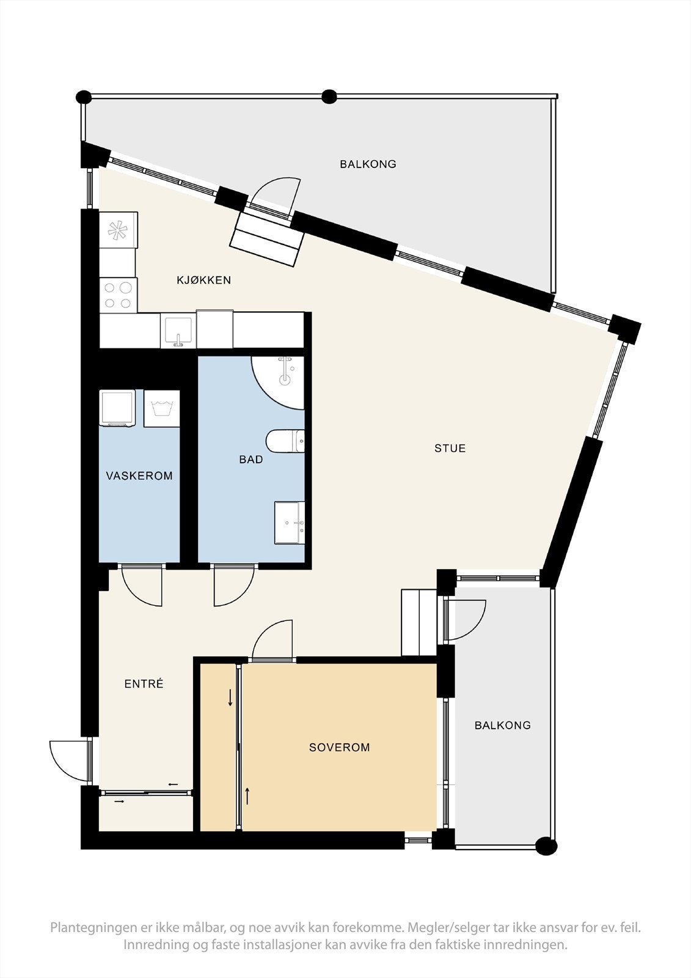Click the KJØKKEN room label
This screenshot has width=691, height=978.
pos(203,281)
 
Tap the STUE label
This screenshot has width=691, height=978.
pos(450,449)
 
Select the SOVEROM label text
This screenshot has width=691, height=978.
pos(339,748)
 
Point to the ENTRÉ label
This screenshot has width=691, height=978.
pos(144,685)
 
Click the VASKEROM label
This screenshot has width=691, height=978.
pos(139,476)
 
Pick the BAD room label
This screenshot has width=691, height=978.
pos(250,460)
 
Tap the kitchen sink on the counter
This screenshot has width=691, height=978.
pos(178,331)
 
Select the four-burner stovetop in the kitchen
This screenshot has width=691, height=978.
pos(119,295)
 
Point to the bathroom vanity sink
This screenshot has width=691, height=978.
pos(290,522)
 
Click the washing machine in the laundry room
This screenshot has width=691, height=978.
pos(117,408)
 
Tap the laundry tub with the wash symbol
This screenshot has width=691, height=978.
pos(161,408)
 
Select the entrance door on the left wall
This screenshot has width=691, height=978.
pos(68,761)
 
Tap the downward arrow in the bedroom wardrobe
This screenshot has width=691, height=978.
pos(230,697)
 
